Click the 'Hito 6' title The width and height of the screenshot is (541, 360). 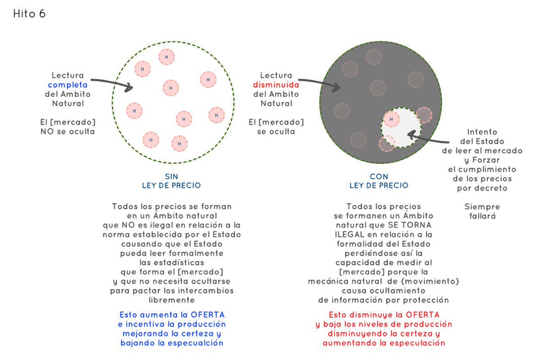tap(29, 14)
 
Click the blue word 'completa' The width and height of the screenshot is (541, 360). tap(68, 85)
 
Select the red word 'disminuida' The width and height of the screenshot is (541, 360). tap(276, 85)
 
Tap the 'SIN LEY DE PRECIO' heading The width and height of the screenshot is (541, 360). tap(171, 181)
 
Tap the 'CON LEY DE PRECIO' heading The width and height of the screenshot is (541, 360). tap(379, 181)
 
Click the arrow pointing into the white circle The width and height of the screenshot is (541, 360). tap(113, 84)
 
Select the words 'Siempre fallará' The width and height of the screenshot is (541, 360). tap(482, 211)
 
